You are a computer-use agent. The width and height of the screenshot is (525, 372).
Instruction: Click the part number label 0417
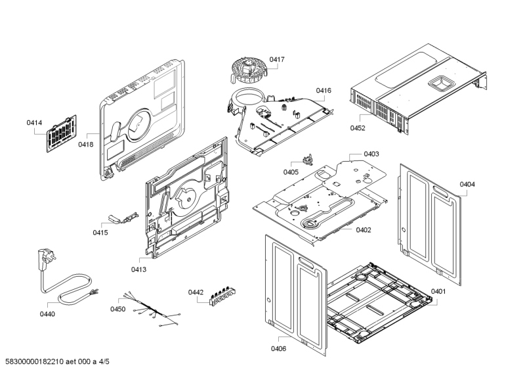pos(276,59)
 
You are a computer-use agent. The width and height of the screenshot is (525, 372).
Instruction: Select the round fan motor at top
pos(248,69)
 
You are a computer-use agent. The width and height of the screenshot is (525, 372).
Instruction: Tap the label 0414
pos(34,123)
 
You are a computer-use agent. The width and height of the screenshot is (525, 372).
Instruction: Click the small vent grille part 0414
pos(61,135)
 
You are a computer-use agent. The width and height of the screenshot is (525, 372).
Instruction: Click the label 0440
pos(47,314)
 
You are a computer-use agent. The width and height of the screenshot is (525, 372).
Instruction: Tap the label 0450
pos(117,309)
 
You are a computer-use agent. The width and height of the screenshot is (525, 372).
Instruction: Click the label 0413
pos(138,269)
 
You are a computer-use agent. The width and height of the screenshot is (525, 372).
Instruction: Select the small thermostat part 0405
pos(306,160)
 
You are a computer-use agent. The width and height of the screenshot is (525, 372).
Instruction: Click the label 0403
pos(371,154)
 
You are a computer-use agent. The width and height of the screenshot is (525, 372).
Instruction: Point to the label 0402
pos(364,229)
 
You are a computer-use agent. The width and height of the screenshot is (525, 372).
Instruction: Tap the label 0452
pos(358,128)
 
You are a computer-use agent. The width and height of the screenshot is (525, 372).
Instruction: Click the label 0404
pos(467,185)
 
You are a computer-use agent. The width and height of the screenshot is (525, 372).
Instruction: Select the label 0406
pos(278,348)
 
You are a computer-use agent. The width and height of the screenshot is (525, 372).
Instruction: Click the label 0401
pos(438,291)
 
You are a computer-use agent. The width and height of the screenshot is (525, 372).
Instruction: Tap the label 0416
pos(324,90)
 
